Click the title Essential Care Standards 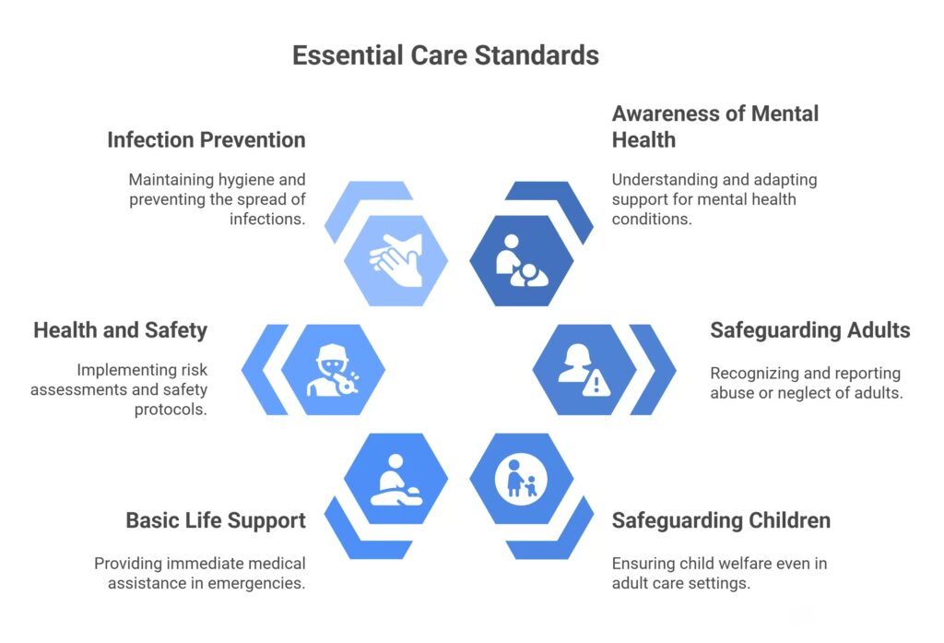[x=445, y=55]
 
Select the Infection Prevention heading [x=206, y=140]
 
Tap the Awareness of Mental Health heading [x=714, y=126]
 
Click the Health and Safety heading [x=120, y=330]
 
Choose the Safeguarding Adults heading [x=809, y=330]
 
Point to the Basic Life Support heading [x=216, y=520]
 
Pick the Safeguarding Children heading [x=721, y=520]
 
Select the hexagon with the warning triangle [x=584, y=369]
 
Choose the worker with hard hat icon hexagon [x=332, y=369]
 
